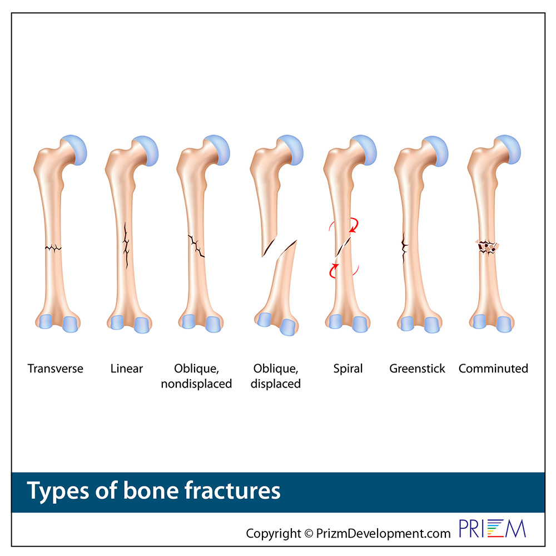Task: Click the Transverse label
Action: click(x=55, y=369)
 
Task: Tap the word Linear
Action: click(x=127, y=369)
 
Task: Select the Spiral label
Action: click(x=348, y=369)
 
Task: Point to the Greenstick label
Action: click(x=417, y=369)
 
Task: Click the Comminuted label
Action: click(x=493, y=369)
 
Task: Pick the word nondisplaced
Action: click(x=196, y=384)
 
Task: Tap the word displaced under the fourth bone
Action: click(x=276, y=384)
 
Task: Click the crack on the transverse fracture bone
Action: click(x=53, y=247)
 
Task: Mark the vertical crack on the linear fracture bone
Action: click(x=126, y=245)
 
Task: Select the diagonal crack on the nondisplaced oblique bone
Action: click(x=196, y=245)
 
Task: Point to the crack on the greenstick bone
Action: click(x=404, y=247)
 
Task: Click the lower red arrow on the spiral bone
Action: click(x=333, y=271)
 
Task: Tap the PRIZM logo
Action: click(x=492, y=529)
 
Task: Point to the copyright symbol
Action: click(x=309, y=533)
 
